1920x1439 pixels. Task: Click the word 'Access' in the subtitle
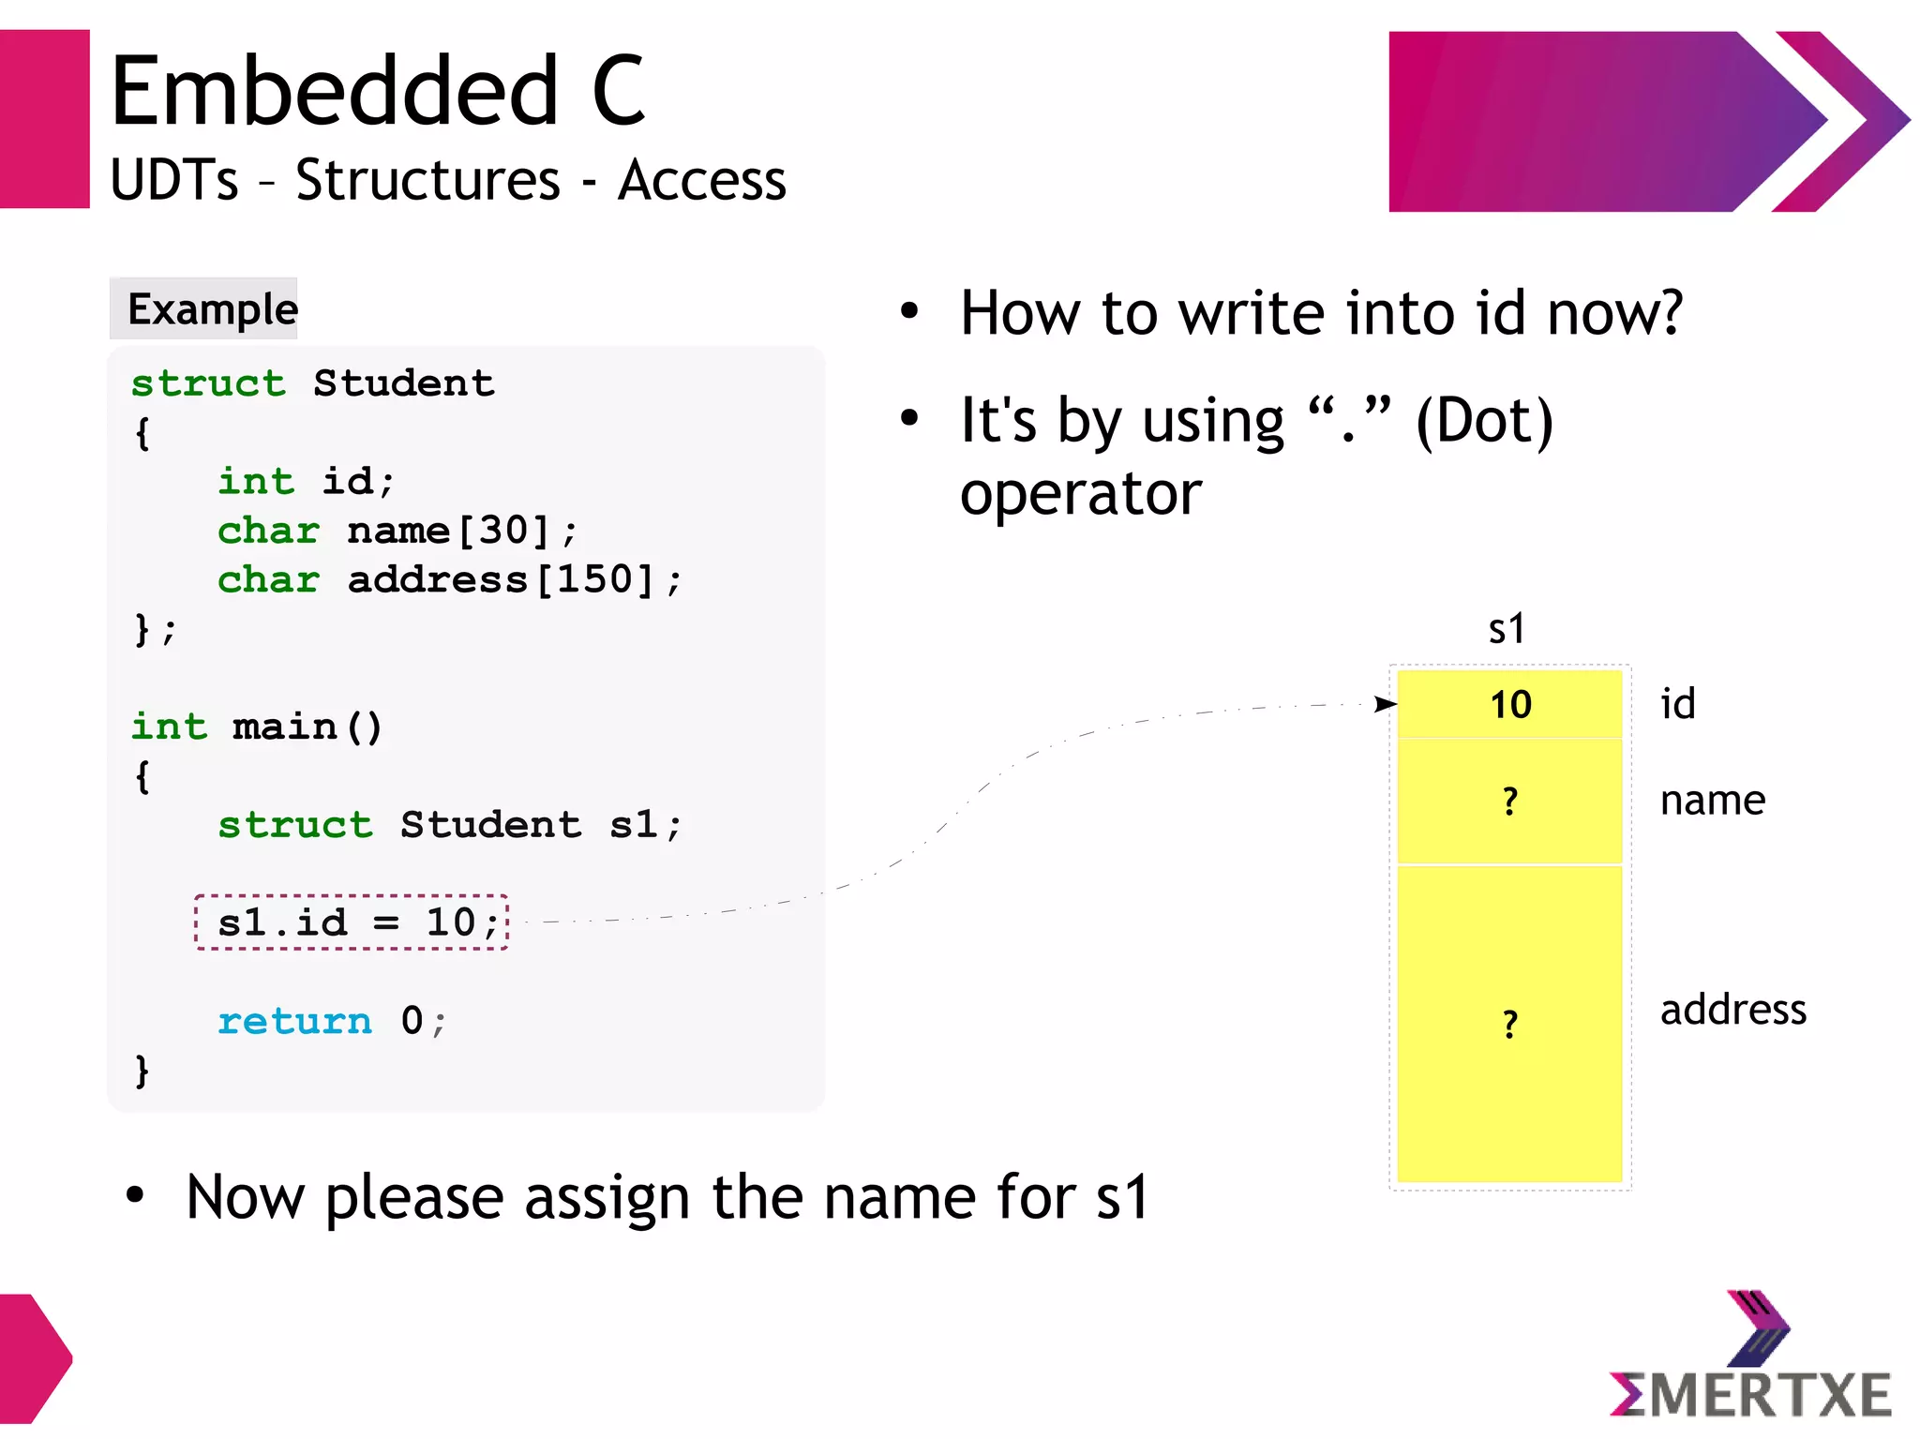701,180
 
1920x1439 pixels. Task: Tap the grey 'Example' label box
204,308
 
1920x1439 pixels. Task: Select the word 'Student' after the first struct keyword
403,383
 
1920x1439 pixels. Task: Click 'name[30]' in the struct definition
448,531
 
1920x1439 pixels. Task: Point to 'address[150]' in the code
501,579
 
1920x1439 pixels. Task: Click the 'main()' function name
307,727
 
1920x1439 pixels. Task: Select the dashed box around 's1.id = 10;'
352,922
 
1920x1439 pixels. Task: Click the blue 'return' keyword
294,1021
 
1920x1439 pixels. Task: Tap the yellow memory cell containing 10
1509,704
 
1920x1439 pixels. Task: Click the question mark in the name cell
1509,802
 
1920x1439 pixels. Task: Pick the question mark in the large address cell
1509,1024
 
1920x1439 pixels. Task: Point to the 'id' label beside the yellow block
1677,704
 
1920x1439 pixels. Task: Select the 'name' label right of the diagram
1712,801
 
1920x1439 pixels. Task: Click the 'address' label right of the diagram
1732,1010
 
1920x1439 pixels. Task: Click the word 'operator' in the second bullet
1080,493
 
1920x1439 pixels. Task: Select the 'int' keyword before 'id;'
256,482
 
